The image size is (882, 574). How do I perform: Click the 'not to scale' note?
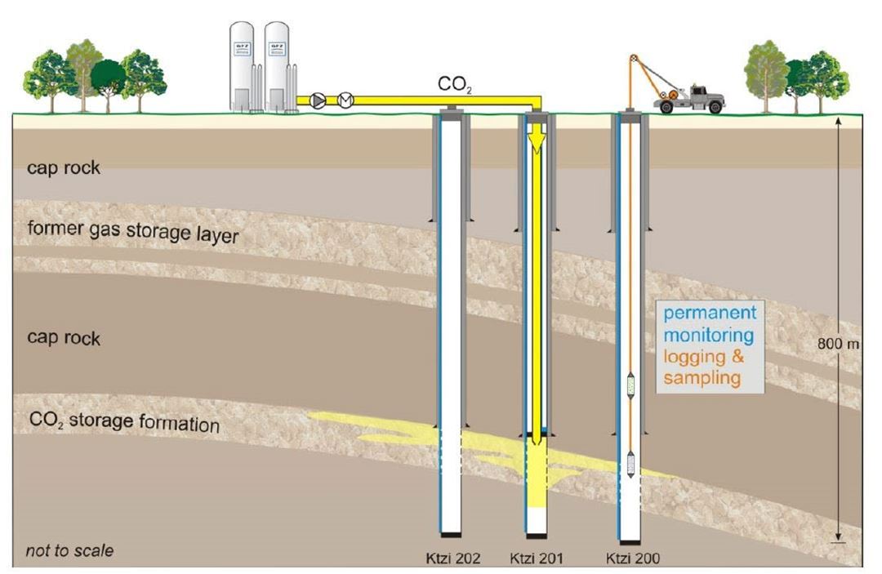click(69, 550)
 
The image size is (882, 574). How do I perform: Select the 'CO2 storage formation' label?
click(124, 423)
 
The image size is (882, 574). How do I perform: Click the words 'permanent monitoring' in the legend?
click(709, 323)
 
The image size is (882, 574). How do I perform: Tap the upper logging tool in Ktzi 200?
click(630, 384)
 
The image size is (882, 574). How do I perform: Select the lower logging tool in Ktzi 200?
click(630, 464)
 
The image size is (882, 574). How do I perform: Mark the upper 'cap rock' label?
click(63, 167)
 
